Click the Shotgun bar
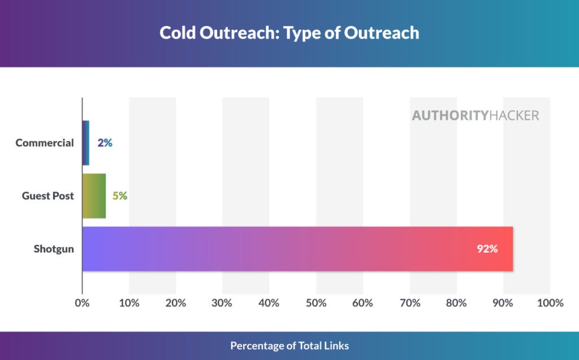click(x=297, y=249)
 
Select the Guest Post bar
click(x=94, y=196)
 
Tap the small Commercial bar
click(x=86, y=143)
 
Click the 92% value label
click(x=487, y=249)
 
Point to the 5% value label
click(x=119, y=196)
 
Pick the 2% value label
click(x=105, y=143)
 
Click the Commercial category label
click(x=45, y=143)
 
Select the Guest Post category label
click(x=48, y=196)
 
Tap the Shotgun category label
click(x=54, y=249)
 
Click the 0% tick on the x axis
click(x=83, y=303)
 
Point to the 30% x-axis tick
click(x=222, y=303)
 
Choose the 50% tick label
click(x=316, y=303)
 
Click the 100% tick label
click(x=550, y=303)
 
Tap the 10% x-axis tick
click(x=129, y=303)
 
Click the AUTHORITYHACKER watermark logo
click(x=475, y=115)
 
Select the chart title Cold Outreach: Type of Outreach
click(x=289, y=33)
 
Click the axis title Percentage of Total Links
click(x=289, y=345)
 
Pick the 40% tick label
click(x=269, y=303)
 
